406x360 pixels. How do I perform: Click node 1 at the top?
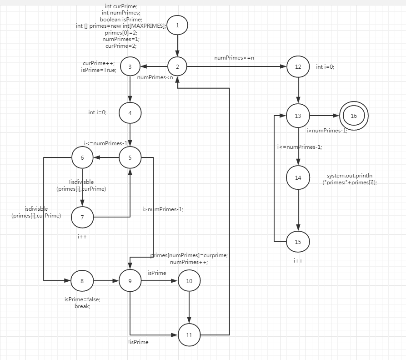tap(177, 25)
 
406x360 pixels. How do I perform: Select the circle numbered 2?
tap(177, 67)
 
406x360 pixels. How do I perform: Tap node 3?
tap(130, 67)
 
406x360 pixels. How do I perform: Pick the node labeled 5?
tap(130, 158)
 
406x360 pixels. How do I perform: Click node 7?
tap(82, 217)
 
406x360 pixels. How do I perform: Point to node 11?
tap(189, 335)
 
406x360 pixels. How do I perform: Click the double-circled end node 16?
tap(354, 116)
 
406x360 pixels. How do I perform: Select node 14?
tap(298, 177)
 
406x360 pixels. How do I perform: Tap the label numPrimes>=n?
tap(234, 58)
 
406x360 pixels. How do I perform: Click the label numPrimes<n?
tap(155, 77)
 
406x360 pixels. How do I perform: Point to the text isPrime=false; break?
tap(82, 303)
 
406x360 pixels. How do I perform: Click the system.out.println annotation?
tap(352, 179)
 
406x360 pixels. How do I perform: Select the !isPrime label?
tap(138, 342)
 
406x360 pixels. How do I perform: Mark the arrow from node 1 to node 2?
tap(177, 46)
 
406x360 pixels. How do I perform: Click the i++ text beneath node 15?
tap(298, 260)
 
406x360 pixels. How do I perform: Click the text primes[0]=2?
tap(121, 33)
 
